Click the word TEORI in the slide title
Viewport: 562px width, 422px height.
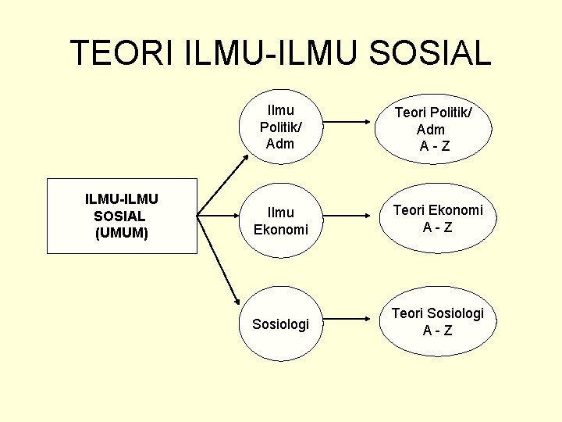(x=123, y=52)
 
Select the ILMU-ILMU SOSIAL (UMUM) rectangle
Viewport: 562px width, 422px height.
(x=122, y=216)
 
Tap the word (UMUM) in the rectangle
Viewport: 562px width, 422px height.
(x=121, y=233)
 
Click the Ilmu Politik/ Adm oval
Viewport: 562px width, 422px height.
(x=280, y=126)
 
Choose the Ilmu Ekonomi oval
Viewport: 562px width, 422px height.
(x=280, y=220)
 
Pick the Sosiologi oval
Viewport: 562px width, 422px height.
(x=280, y=324)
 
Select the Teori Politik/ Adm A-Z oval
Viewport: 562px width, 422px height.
(x=433, y=129)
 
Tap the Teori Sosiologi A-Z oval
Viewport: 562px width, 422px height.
(x=437, y=321)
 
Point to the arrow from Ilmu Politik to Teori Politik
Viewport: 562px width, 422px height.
(x=347, y=122)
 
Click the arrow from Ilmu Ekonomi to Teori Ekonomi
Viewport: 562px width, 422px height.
(x=347, y=216)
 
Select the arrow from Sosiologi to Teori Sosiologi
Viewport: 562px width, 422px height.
(x=347, y=320)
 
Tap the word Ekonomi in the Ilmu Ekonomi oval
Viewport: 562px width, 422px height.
(x=281, y=229)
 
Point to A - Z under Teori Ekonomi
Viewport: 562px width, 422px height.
(x=437, y=227)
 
